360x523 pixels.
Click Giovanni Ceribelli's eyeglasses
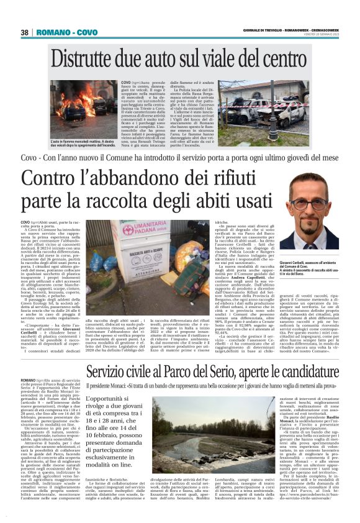(x=308, y=203)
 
